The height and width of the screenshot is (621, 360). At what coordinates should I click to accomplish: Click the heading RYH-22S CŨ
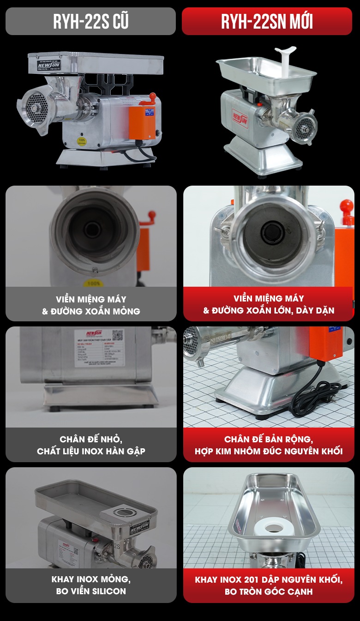(90, 21)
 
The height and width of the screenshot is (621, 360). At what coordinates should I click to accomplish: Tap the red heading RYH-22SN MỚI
(267, 21)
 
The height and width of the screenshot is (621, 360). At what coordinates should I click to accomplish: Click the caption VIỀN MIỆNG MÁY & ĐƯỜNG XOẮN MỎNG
(91, 305)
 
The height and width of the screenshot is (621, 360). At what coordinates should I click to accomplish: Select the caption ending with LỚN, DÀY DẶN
(269, 305)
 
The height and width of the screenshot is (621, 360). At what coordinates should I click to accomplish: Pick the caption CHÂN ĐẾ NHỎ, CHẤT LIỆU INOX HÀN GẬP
(91, 445)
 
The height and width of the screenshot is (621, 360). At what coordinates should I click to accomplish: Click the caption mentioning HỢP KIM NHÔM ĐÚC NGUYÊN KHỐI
(269, 445)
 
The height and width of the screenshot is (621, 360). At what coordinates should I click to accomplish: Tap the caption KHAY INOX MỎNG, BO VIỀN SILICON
(91, 585)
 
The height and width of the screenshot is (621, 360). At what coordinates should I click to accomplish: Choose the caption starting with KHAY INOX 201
(269, 585)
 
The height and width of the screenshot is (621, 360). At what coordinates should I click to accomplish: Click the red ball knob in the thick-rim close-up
(346, 206)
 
